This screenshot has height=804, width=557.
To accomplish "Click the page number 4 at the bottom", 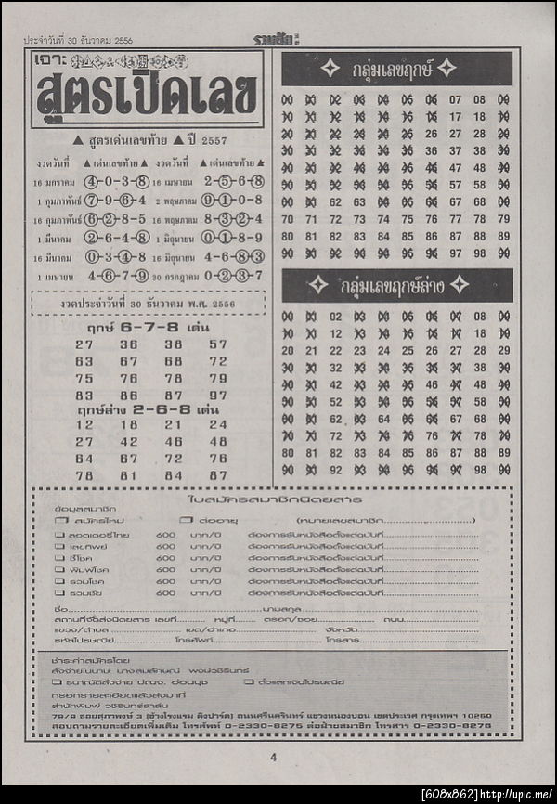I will click(x=274, y=757).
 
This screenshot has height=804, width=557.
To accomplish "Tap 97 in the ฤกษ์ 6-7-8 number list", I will click(x=218, y=394).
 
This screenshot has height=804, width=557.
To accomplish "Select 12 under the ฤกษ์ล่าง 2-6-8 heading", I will click(x=84, y=424).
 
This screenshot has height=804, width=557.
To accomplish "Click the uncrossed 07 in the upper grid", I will click(x=456, y=99).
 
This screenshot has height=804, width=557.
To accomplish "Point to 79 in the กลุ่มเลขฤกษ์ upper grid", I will click(x=503, y=219).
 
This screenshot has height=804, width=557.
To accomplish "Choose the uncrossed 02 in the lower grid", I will click(x=335, y=317).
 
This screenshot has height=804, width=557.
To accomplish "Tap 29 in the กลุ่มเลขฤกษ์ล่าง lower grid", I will click(x=503, y=350).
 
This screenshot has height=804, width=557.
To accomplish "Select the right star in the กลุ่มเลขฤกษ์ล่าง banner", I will click(x=459, y=285).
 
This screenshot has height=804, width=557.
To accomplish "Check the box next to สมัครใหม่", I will click(x=59, y=521).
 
